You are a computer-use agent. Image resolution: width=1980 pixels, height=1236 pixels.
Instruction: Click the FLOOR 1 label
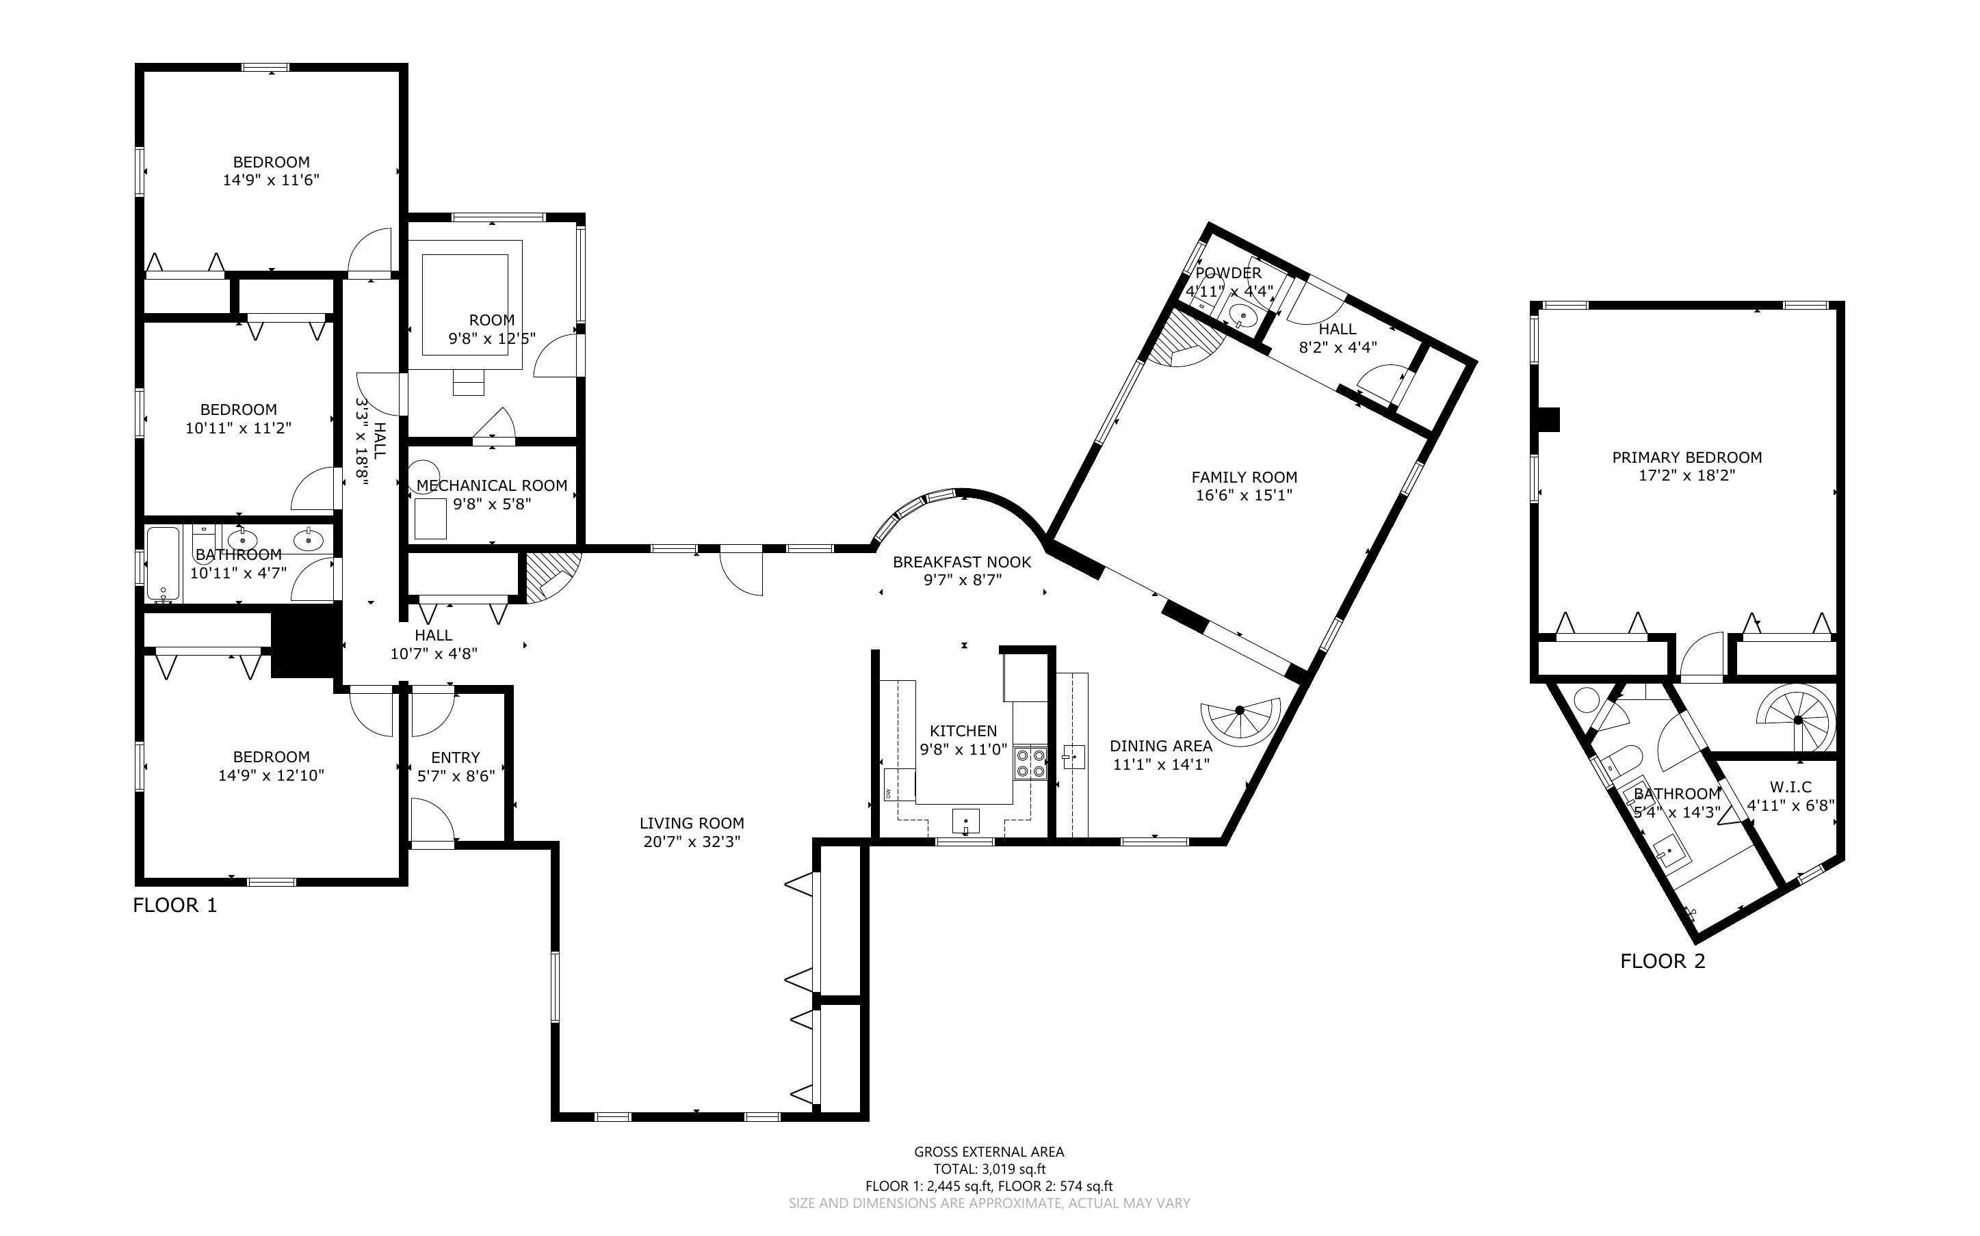(175, 906)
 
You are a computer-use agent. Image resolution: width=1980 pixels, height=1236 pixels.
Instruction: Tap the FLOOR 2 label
(1663, 961)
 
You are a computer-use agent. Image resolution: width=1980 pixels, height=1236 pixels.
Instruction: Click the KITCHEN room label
(963, 731)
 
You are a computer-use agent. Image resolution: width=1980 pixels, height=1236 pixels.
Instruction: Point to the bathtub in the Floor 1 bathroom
(163, 564)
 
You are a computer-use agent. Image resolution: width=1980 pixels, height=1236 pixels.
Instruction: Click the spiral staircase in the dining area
(1240, 721)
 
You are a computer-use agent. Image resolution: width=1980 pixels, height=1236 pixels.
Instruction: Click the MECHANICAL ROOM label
(491, 485)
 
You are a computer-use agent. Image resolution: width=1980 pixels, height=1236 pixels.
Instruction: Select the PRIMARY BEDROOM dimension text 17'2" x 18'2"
(1686, 475)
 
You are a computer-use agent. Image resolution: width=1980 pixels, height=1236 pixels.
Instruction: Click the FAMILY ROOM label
(1244, 477)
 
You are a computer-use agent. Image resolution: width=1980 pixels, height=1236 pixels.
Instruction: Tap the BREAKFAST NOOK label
(962, 563)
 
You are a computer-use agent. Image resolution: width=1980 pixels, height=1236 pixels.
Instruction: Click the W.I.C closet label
(1790, 788)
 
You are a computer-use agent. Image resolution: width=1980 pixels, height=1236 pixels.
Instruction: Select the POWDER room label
(1228, 273)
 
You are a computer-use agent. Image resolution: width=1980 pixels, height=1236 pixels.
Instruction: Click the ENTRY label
(456, 757)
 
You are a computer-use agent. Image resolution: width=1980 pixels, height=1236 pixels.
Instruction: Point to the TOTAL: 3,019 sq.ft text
(989, 1169)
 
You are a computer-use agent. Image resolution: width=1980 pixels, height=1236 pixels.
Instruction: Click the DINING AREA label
(1160, 746)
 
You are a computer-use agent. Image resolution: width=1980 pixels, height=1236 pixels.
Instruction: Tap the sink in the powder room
(1243, 314)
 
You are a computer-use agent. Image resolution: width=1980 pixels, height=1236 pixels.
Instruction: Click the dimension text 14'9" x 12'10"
(271, 775)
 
